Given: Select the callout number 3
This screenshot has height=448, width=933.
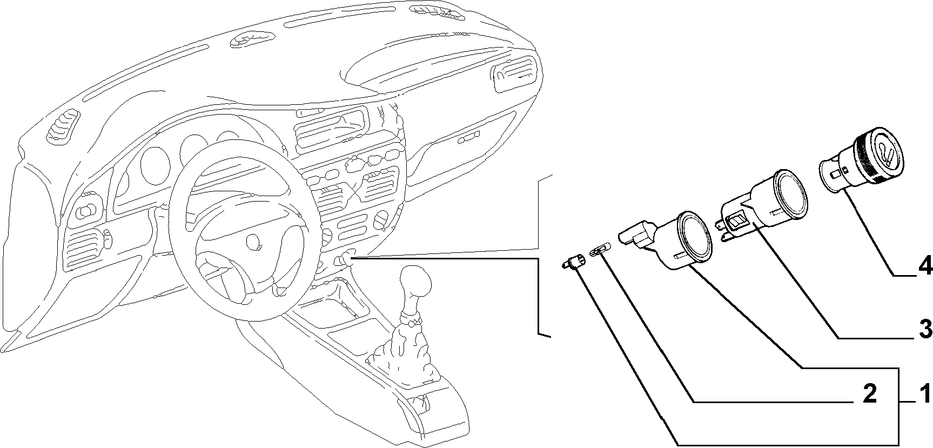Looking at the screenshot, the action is pyautogui.click(x=925, y=328).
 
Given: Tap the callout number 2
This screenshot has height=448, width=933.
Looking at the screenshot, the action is pyautogui.click(x=869, y=394).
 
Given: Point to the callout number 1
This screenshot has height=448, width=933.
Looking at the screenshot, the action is pyautogui.click(x=925, y=394).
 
